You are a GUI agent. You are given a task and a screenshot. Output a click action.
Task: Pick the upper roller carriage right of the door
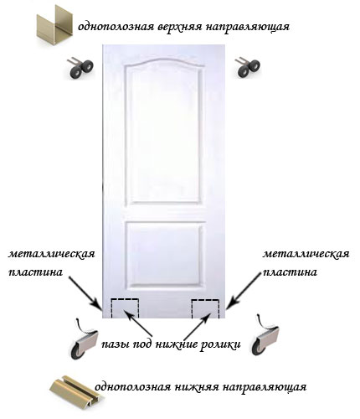[x=248, y=67]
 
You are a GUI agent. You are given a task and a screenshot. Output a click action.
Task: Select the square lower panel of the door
[x=165, y=255]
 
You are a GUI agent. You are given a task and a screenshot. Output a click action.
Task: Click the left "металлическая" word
[x=52, y=255]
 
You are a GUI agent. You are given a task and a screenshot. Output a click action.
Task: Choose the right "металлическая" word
[x=306, y=255]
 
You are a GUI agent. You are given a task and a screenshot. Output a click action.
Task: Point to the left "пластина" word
[x=35, y=272]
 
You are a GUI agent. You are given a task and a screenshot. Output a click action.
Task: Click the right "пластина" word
[x=290, y=272]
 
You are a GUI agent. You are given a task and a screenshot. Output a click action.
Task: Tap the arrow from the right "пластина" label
[x=244, y=291]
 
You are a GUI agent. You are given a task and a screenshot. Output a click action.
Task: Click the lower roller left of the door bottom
[x=84, y=339]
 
